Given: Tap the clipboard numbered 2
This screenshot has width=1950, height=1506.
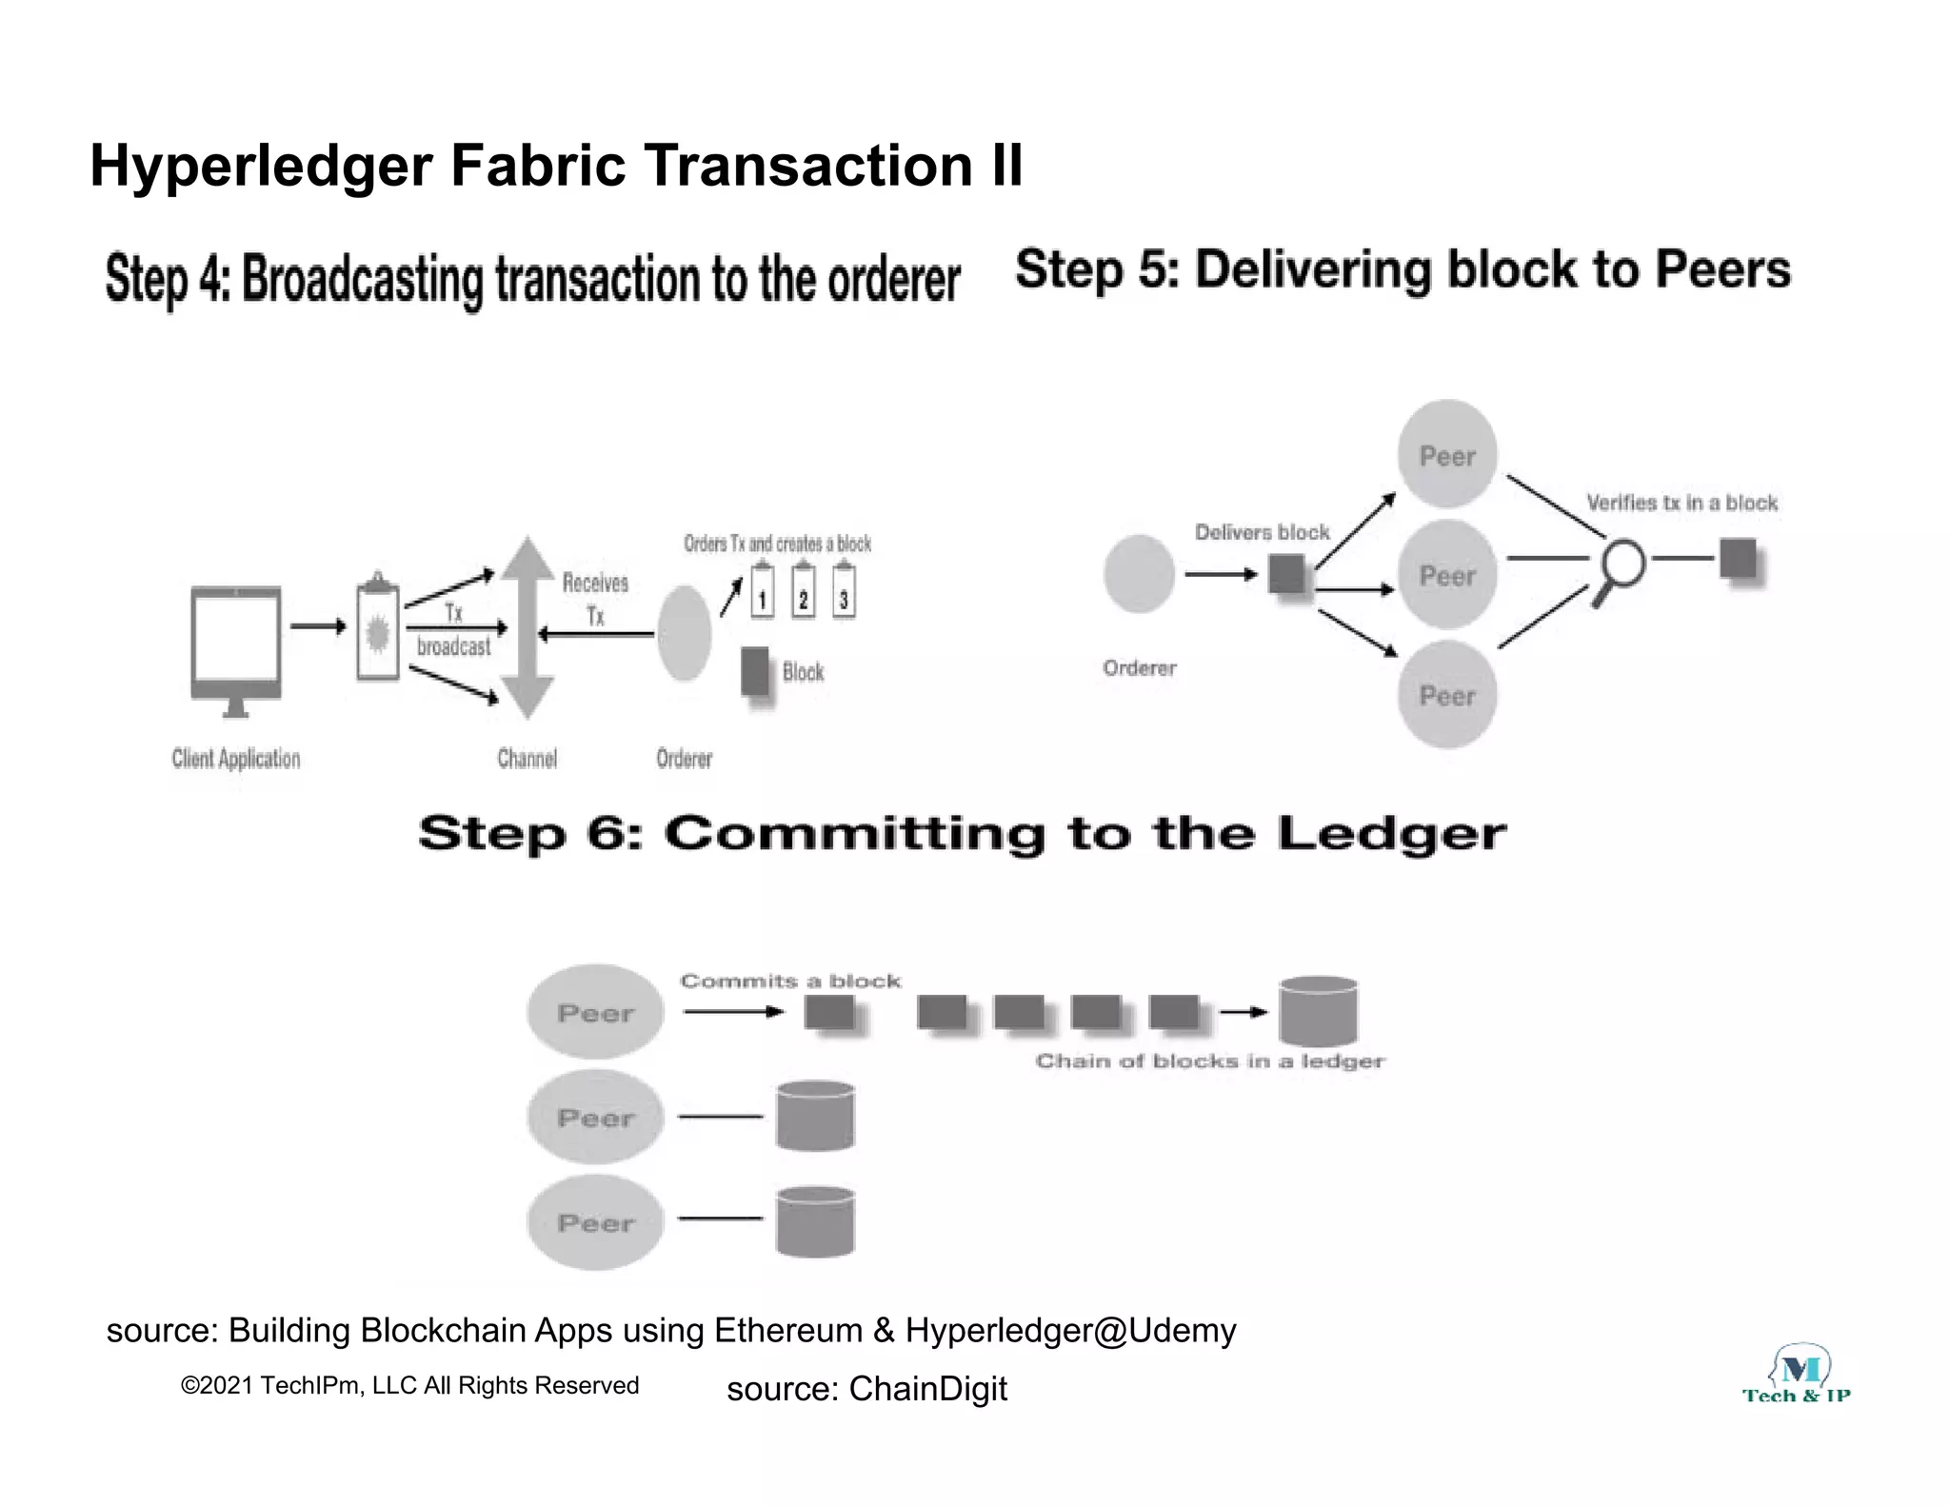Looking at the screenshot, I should click(x=803, y=592).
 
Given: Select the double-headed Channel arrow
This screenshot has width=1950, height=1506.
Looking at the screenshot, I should click(x=527, y=628).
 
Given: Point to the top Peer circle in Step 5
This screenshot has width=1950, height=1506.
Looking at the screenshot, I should click(x=1447, y=454).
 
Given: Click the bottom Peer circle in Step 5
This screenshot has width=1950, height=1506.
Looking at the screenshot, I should click(x=1447, y=695).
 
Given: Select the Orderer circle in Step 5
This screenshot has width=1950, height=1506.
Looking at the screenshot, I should click(x=1139, y=573).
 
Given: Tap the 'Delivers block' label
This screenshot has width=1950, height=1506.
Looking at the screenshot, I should click(x=1262, y=532).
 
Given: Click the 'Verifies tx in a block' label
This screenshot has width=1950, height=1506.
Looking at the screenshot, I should click(x=1681, y=503).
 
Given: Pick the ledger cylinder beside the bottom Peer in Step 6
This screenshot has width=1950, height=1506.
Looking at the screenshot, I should click(x=815, y=1221).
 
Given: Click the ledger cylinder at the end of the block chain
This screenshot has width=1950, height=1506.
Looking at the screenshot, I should click(x=1318, y=1011).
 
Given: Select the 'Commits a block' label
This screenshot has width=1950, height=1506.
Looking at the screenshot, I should click(x=790, y=981).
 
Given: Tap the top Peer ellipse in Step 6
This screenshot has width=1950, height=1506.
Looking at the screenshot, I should click(x=595, y=1012).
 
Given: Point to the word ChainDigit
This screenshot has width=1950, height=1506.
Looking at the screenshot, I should click(x=927, y=1389).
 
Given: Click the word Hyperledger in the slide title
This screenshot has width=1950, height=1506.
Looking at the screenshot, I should click(x=261, y=166).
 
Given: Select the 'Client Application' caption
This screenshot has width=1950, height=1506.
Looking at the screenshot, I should click(x=236, y=759).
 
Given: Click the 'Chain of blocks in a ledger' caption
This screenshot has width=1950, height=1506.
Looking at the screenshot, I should click(x=1209, y=1060).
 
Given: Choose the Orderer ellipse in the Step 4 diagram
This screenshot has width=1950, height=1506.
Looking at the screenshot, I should click(x=684, y=633).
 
